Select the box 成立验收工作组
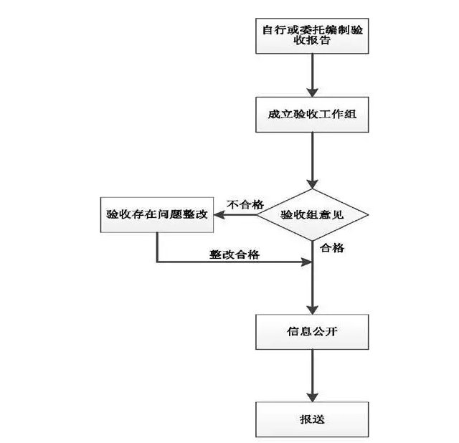click(x=312, y=113)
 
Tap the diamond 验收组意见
click(x=313, y=214)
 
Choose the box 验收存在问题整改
click(x=157, y=214)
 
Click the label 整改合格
click(x=235, y=254)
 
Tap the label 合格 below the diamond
click(x=332, y=248)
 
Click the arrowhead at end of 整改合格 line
click(x=306, y=263)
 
